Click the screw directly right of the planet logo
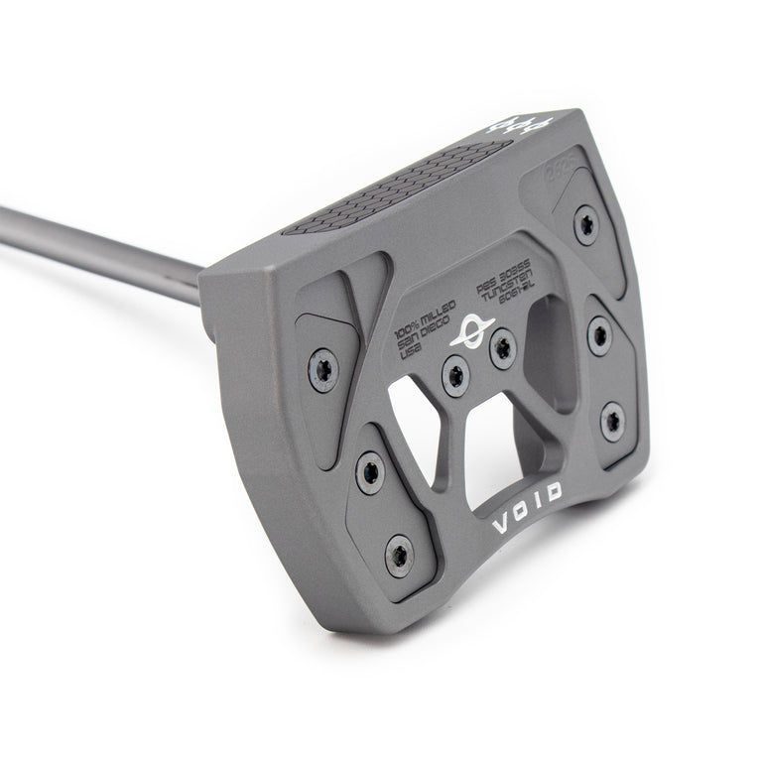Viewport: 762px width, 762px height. [x=503, y=346]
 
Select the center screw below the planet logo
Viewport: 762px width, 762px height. [x=455, y=375]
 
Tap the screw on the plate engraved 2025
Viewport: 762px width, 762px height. [x=586, y=224]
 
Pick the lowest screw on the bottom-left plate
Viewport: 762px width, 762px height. [x=400, y=554]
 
